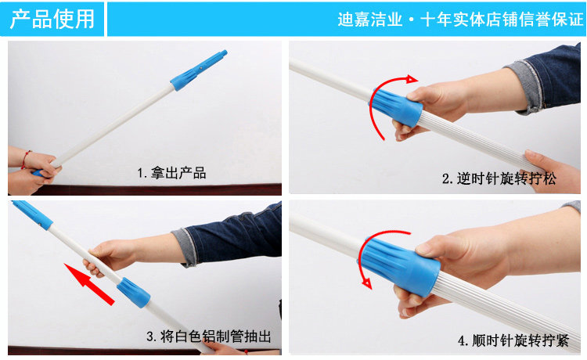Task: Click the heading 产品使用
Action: click(x=52, y=19)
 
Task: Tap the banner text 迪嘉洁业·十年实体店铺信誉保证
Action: click(x=460, y=20)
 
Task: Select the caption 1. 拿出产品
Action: click(x=171, y=173)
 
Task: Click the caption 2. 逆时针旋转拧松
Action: click(x=499, y=178)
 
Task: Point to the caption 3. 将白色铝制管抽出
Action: click(x=208, y=336)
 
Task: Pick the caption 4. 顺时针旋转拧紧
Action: click(x=513, y=340)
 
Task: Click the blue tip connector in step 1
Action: click(x=199, y=70)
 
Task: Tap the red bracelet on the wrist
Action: click(x=26, y=160)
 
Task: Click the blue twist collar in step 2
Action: click(x=397, y=107)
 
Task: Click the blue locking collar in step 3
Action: click(x=134, y=293)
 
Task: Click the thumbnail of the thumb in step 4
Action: click(x=424, y=248)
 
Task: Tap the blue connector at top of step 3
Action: click(x=33, y=214)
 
